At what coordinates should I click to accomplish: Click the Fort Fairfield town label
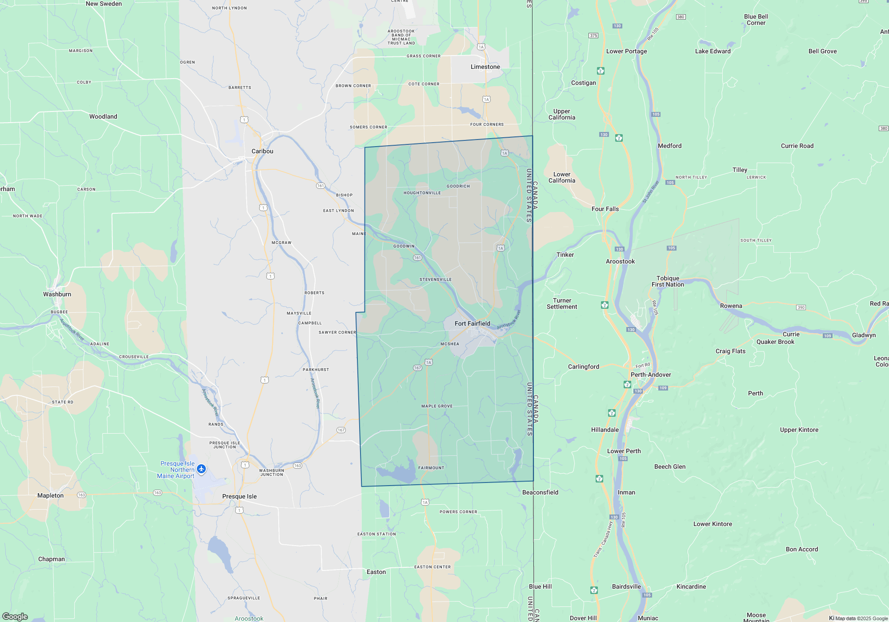pos(472,323)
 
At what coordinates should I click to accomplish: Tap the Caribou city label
pos(262,151)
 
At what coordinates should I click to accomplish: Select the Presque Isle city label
pos(239,496)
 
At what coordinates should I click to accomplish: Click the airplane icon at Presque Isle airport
pos(201,469)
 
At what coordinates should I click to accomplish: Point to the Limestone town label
pos(485,67)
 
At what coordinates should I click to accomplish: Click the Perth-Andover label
pos(650,375)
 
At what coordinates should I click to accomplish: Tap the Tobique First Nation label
pos(668,281)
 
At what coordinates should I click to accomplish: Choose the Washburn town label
pos(57,294)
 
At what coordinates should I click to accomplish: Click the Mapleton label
pos(50,495)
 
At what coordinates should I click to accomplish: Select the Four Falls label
pos(605,209)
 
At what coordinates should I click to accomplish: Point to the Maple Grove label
pos(437,406)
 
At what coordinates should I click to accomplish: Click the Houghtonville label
pos(422,193)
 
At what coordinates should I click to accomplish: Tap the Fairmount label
pos(431,468)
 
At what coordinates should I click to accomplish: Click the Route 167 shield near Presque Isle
pos(341,430)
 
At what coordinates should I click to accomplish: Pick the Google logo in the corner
pos(15,616)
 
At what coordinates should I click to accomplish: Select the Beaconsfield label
pos(540,492)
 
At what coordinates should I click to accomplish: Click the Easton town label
pos(376,572)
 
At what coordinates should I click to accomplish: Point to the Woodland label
pos(103,116)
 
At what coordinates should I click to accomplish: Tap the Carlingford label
pos(583,367)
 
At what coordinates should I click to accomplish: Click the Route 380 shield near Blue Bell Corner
pos(681,17)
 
